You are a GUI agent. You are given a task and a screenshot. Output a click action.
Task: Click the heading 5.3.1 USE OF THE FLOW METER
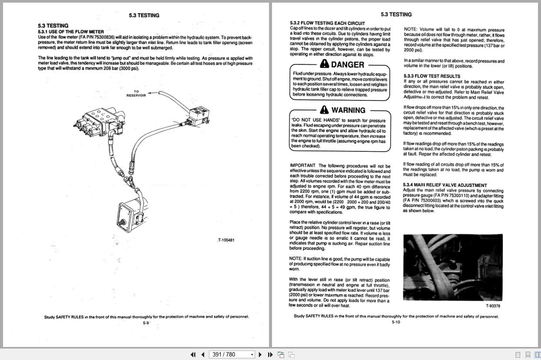pyautogui.click(x=71, y=32)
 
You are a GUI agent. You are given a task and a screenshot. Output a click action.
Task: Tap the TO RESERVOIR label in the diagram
pyautogui.click(x=136, y=93)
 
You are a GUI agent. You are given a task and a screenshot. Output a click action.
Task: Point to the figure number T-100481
pyautogui.click(x=226, y=240)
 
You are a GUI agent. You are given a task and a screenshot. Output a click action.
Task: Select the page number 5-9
pyautogui.click(x=146, y=323)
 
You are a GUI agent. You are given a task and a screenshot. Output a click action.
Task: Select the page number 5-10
pyautogui.click(x=396, y=322)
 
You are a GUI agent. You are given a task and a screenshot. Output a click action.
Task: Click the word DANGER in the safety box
pyautogui.click(x=347, y=65)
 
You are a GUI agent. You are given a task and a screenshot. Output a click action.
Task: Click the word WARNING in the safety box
pyautogui.click(x=348, y=110)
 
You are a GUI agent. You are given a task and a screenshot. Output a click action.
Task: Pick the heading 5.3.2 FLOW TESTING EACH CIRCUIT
pyautogui.click(x=327, y=23)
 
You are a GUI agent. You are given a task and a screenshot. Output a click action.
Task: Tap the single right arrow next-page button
pyautogui.click(x=260, y=354)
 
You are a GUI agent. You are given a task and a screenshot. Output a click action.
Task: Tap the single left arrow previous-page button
pyautogui.click(x=203, y=354)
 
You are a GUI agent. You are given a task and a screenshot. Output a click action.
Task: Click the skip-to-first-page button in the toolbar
pyautogui.click(x=193, y=354)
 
